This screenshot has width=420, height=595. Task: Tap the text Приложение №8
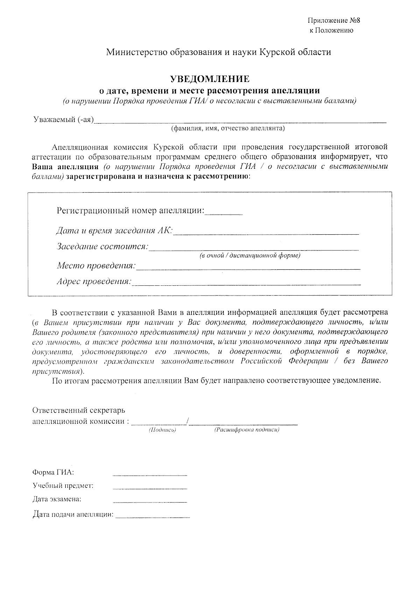point(334,21)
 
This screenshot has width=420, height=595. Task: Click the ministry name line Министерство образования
point(219,53)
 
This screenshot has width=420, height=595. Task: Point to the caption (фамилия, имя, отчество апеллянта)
point(228,129)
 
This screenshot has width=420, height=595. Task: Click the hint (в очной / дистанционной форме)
point(250,256)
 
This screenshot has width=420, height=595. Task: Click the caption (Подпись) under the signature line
point(162,430)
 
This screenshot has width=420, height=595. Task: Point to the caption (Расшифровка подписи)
point(246,430)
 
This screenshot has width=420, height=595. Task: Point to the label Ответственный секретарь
point(79,410)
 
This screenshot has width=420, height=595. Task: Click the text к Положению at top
point(331,30)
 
